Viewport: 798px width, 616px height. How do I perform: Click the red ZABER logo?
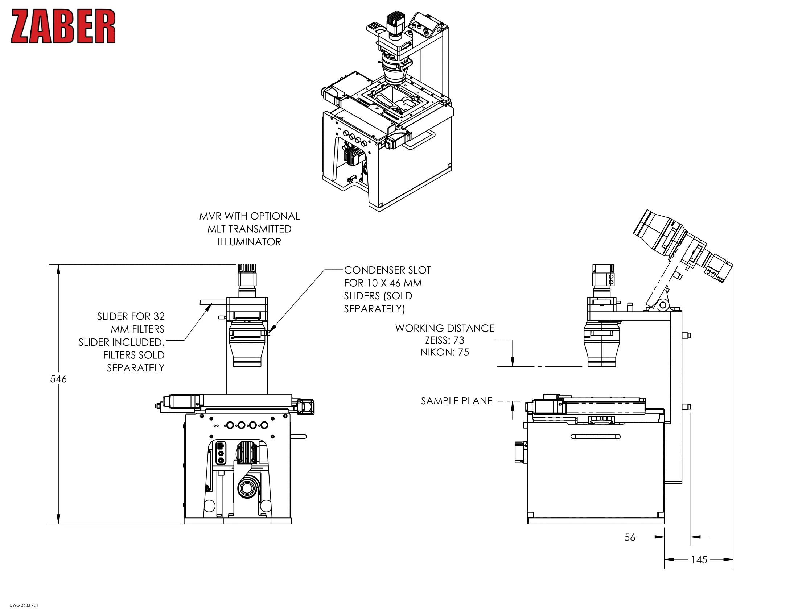pyautogui.click(x=63, y=26)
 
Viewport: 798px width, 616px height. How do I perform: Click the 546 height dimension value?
pyautogui.click(x=58, y=379)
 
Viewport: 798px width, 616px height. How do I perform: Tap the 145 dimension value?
pyautogui.click(x=699, y=560)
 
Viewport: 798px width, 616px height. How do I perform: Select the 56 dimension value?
pyautogui.click(x=630, y=537)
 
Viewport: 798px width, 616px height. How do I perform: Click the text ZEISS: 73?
pyautogui.click(x=444, y=340)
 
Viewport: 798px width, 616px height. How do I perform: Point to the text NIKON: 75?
pyautogui.click(x=444, y=352)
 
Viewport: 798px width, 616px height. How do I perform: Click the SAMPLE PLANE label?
pyautogui.click(x=456, y=401)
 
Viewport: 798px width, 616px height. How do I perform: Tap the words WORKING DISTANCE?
pyautogui.click(x=444, y=328)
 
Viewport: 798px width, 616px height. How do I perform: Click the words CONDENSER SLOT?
pyautogui.click(x=387, y=270)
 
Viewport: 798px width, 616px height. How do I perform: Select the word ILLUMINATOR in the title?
pyautogui.click(x=249, y=242)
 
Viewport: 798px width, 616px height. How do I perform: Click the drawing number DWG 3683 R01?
pyautogui.click(x=24, y=605)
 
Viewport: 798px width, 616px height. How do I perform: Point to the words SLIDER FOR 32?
pyautogui.click(x=131, y=316)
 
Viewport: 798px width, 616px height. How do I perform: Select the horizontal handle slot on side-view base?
pyautogui.click(x=595, y=437)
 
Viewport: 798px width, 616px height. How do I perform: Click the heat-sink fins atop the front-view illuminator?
pyautogui.click(x=247, y=268)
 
